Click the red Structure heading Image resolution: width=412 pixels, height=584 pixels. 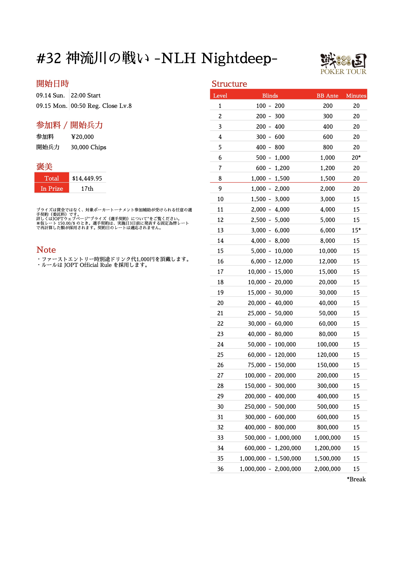[229, 84]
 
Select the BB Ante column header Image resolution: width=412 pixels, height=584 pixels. [327, 96]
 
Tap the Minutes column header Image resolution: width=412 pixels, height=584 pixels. [356, 96]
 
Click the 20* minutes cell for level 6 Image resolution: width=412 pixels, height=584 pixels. [356, 157]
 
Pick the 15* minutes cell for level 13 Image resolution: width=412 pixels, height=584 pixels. [356, 230]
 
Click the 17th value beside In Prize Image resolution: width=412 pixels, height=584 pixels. [87, 189]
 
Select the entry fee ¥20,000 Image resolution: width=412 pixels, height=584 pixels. [82, 137]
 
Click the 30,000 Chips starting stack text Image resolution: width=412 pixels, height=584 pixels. [88, 147]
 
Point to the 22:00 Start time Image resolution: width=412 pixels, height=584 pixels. [86, 95]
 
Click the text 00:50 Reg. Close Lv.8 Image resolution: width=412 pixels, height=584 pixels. [101, 106]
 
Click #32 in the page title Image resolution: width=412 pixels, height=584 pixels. [49, 58]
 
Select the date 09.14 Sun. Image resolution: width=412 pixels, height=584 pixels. [51, 95]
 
